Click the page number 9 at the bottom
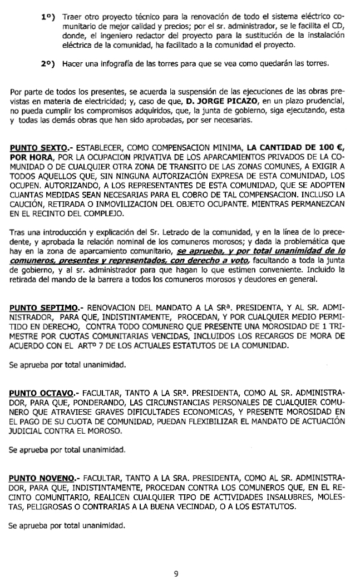tap(176, 574)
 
